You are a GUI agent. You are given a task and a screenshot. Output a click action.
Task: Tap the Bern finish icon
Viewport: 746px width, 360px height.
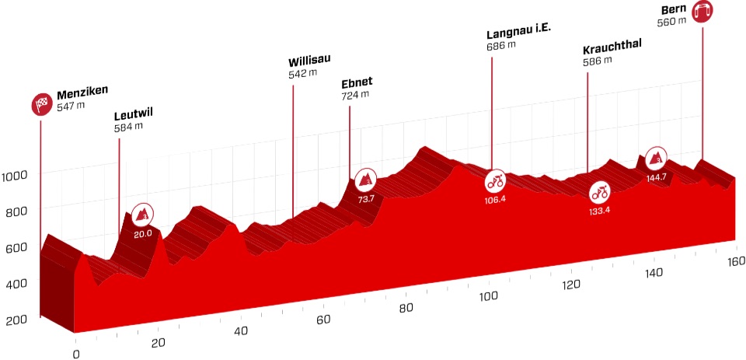(702, 12)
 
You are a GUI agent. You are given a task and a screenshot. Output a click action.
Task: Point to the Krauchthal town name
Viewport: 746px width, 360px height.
(613, 49)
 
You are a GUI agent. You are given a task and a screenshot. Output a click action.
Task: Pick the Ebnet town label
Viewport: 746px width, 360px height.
(357, 83)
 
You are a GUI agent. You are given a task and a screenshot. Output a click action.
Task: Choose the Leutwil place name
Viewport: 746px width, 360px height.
(133, 114)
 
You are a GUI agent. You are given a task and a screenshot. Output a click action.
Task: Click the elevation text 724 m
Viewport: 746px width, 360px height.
(354, 96)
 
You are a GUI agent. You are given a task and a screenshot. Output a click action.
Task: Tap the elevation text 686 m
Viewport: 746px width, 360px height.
(501, 46)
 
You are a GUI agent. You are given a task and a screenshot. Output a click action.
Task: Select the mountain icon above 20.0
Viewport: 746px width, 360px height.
(142, 213)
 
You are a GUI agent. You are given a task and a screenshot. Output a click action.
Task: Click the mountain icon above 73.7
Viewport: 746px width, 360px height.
(366, 180)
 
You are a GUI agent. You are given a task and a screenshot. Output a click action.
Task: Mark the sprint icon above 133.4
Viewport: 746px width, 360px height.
(599, 190)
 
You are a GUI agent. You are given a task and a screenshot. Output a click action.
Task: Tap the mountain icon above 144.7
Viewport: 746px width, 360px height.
(656, 159)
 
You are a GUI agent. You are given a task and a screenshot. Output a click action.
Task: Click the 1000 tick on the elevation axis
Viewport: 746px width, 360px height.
(16, 174)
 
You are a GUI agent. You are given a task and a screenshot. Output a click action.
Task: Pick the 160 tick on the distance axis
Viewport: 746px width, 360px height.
(735, 260)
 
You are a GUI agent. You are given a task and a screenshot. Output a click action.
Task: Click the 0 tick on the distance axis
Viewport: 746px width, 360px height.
(75, 355)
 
